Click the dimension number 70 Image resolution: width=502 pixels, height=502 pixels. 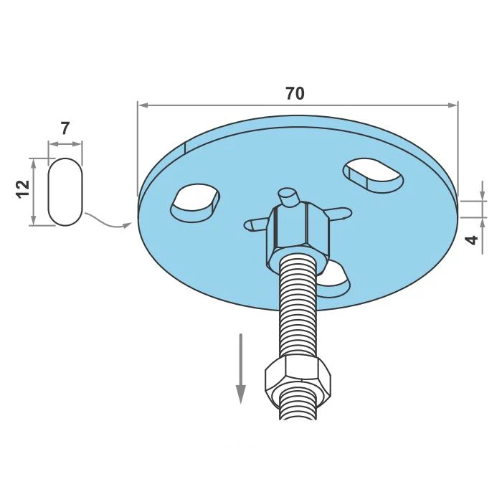point(295,93)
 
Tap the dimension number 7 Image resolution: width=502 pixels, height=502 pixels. point(65,128)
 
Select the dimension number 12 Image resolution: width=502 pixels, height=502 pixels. point(24,189)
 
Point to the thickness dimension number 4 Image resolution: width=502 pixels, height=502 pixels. point(471,240)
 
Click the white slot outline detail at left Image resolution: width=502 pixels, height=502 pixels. point(65,191)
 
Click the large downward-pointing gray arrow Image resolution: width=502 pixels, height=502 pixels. point(240,369)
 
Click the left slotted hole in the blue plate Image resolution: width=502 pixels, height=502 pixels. point(195,203)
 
